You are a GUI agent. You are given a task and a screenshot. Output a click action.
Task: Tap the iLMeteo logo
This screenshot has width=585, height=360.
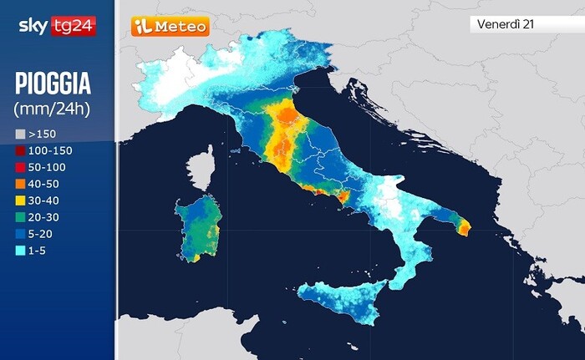click(170, 26)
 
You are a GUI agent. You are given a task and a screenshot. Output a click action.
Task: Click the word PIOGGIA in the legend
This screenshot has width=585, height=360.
click(53, 85)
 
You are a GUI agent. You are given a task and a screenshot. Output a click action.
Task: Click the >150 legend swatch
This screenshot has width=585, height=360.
click(20, 134)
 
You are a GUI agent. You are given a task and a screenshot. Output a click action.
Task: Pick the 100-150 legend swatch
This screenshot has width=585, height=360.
click(20, 150)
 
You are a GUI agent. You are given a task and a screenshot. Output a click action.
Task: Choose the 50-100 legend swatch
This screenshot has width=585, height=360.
click(20, 167)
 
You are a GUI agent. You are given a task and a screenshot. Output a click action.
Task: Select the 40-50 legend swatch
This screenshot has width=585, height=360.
click(20, 184)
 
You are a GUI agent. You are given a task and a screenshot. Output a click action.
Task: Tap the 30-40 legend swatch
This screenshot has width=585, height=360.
click(20, 200)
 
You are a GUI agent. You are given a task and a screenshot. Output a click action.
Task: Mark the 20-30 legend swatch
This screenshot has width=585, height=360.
click(20, 217)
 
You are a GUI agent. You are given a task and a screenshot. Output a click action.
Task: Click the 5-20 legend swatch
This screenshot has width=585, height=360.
click(20, 234)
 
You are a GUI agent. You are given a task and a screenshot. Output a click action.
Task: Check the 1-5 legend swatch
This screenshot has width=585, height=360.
click(20, 251)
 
